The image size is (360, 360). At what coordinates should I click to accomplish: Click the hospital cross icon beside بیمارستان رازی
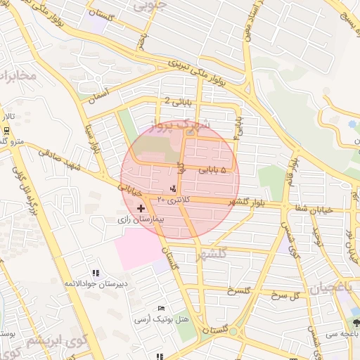point(141,209)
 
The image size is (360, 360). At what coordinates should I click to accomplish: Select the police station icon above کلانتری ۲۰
point(173,189)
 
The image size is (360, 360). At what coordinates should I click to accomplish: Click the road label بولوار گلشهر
point(245,202)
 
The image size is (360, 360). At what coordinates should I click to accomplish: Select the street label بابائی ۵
point(213,169)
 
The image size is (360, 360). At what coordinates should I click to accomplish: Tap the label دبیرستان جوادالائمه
point(96,283)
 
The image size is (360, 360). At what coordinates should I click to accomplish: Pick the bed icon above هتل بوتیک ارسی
point(162,309)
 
